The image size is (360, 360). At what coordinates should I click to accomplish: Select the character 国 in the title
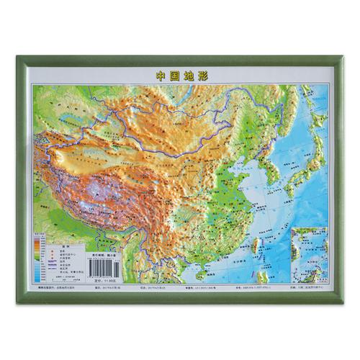pyautogui.click(x=174, y=74)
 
